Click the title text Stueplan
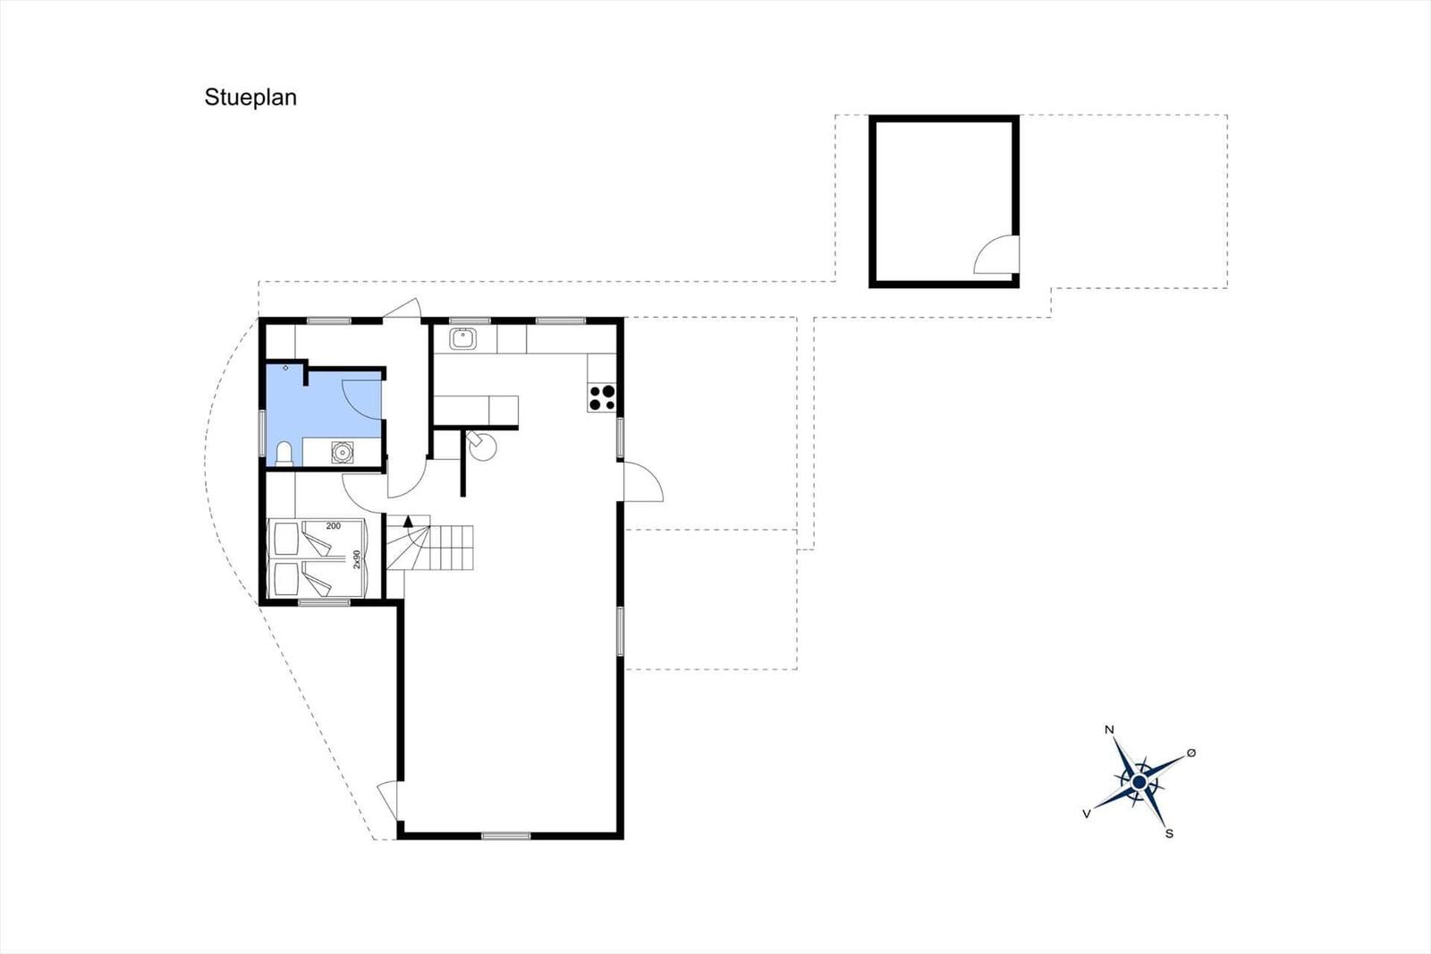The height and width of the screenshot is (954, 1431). pyautogui.click(x=250, y=98)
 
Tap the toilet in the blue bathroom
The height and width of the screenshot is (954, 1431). pyautogui.click(x=284, y=454)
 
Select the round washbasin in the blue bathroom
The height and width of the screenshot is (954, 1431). pyautogui.click(x=342, y=453)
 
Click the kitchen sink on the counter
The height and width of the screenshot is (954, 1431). pyautogui.click(x=463, y=339)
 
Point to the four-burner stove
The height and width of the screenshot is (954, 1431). pyautogui.click(x=602, y=397)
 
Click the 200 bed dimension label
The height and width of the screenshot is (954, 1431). pyautogui.click(x=334, y=526)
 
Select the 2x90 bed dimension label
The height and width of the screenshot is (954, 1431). pyautogui.click(x=356, y=559)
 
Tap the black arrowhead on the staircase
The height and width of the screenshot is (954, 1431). pyautogui.click(x=409, y=520)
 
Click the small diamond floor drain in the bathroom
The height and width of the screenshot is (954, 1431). pyautogui.click(x=285, y=369)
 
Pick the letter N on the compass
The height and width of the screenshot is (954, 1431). pyautogui.click(x=1109, y=730)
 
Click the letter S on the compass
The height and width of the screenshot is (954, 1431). pyautogui.click(x=1169, y=834)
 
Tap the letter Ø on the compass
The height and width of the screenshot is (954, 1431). pyautogui.click(x=1190, y=754)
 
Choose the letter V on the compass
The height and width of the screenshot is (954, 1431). pyautogui.click(x=1087, y=814)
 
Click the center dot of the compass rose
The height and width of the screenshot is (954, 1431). pyautogui.click(x=1139, y=782)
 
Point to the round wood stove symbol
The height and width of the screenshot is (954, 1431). pyautogui.click(x=484, y=446)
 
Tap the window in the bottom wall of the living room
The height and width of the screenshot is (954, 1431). pyautogui.click(x=506, y=836)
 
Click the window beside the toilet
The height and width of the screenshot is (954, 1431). pyautogui.click(x=262, y=433)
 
